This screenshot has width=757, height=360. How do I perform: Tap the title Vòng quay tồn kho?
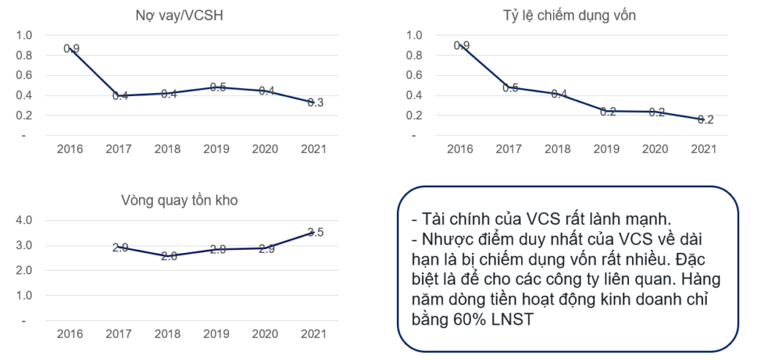tap(180, 200)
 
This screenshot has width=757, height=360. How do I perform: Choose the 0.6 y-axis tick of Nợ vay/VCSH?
tap(24, 75)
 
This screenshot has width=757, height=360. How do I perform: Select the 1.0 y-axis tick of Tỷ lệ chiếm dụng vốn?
tap(414, 35)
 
